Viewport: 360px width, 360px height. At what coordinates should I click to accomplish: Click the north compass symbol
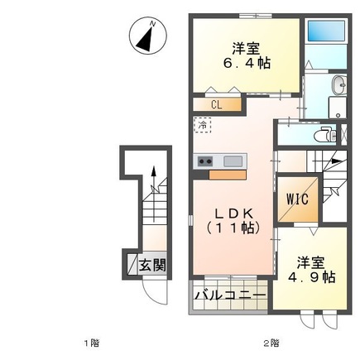148,37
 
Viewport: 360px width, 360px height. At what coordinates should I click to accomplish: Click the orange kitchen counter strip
228,174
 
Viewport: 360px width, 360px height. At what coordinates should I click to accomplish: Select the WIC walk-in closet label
296,199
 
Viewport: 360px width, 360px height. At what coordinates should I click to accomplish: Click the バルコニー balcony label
230,295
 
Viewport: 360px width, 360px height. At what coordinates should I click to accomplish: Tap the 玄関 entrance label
151,266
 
